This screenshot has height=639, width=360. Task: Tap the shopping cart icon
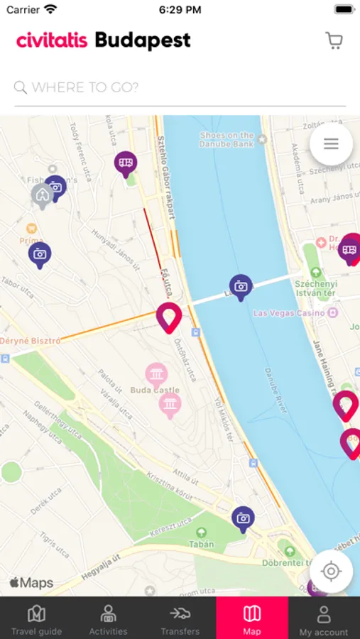(334, 40)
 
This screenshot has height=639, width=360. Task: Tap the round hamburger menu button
(331, 144)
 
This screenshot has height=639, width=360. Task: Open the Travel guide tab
(36, 618)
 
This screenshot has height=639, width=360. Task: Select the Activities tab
(108, 618)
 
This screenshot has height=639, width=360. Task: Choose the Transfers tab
(180, 618)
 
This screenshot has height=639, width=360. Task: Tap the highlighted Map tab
(252, 618)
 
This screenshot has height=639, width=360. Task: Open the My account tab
(324, 618)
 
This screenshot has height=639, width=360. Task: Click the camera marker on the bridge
(241, 285)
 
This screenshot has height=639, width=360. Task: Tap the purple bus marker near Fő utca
(126, 163)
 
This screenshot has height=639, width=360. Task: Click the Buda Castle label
(156, 390)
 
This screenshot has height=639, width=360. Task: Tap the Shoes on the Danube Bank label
(227, 139)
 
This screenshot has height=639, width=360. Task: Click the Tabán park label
(201, 544)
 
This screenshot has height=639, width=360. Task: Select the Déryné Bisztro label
(31, 341)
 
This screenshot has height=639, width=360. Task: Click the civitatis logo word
(52, 40)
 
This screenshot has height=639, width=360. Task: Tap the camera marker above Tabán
(243, 518)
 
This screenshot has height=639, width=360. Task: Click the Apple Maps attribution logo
(31, 583)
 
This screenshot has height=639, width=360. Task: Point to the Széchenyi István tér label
(316, 288)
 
